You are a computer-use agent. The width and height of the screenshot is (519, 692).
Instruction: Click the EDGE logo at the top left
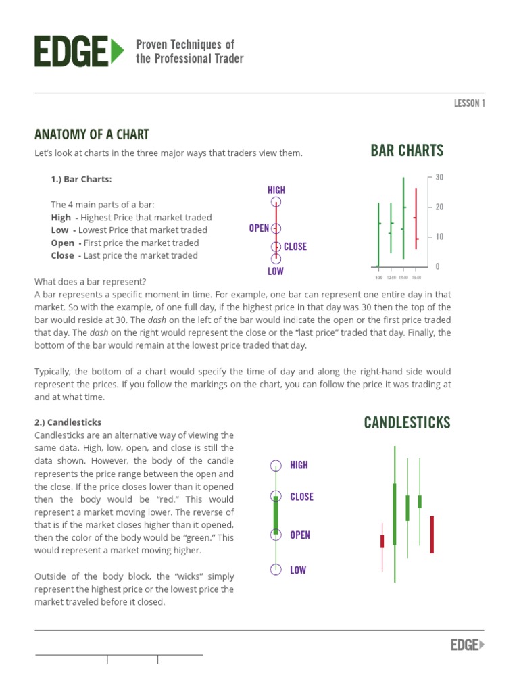click(x=79, y=51)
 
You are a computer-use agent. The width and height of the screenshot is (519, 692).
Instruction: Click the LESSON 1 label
click(x=469, y=103)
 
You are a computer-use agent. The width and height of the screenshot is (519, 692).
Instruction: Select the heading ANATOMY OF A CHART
click(x=92, y=134)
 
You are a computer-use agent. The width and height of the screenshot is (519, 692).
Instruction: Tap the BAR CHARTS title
click(x=407, y=150)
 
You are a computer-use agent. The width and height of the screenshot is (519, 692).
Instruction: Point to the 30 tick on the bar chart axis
click(x=439, y=178)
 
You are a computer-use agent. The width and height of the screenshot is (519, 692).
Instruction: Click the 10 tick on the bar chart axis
click(x=439, y=237)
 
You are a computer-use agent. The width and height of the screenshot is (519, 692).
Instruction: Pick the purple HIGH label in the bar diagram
click(x=276, y=191)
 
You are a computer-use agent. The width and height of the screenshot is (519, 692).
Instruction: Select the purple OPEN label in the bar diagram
click(x=259, y=228)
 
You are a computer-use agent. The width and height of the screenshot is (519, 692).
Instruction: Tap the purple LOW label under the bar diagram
click(x=276, y=272)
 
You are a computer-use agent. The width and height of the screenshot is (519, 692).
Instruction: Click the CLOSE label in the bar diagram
click(x=295, y=247)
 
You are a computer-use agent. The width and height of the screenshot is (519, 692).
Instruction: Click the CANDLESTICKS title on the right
click(x=407, y=423)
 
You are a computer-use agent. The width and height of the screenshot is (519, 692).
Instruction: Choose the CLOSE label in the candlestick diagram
click(x=301, y=497)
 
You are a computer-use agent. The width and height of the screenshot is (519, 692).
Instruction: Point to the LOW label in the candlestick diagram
click(x=298, y=570)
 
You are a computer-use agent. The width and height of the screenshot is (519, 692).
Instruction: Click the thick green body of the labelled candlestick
click(x=276, y=515)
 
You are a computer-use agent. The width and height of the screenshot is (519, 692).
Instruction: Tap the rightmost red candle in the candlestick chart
click(x=432, y=534)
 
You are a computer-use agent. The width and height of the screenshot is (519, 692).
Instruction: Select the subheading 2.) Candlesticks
click(x=68, y=422)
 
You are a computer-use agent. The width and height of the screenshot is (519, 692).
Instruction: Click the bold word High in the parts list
click(x=61, y=218)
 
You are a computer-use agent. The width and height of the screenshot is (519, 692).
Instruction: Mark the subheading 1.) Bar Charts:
click(x=82, y=179)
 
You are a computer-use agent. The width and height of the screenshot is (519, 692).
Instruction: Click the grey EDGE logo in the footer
click(x=468, y=645)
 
